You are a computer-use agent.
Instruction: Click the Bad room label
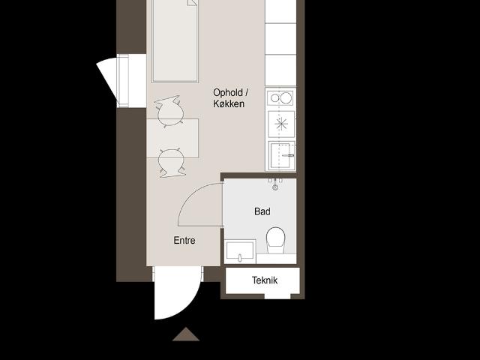(262, 211)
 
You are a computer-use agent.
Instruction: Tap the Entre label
(184, 240)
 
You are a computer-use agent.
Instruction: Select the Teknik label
(265, 280)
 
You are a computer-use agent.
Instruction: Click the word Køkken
(229, 103)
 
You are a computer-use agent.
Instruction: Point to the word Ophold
(228, 92)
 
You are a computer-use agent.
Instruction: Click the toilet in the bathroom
(276, 240)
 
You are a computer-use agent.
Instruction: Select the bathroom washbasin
(240, 252)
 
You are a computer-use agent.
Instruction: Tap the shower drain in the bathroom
(275, 187)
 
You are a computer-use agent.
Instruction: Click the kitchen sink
(282, 155)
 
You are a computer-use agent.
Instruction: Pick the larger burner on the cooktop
(286, 98)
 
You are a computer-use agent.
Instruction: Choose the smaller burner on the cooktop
(275, 98)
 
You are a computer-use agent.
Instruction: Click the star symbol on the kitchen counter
(281, 124)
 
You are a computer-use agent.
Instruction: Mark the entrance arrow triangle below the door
(186, 334)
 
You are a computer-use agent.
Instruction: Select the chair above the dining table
(170, 111)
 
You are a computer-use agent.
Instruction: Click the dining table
(172, 138)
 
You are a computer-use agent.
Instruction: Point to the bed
(175, 41)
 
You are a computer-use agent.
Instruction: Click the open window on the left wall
(121, 81)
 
